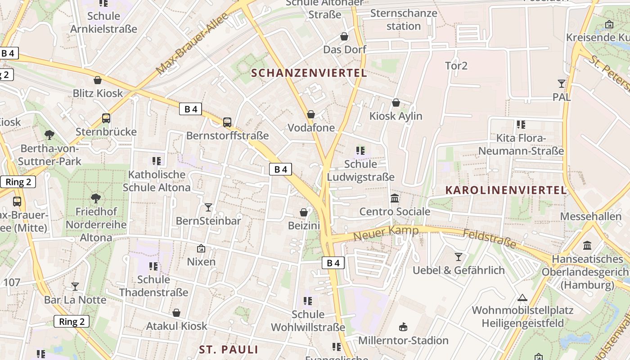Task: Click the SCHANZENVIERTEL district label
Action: point(309,73)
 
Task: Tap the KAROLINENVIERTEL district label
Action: point(506,190)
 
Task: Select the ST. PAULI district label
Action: point(229,350)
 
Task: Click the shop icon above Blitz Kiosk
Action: point(97,80)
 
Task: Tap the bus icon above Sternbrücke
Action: point(106,118)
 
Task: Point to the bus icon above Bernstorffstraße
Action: point(227,122)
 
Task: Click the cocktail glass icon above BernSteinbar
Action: point(208,207)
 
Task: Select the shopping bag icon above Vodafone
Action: point(311,114)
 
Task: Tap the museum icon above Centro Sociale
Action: point(395,198)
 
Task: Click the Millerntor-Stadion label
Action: point(403,340)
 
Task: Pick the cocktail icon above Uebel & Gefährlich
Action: point(459,257)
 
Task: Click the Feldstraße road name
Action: point(490,239)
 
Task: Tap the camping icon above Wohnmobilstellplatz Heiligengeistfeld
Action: point(522,297)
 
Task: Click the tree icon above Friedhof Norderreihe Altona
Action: point(96,198)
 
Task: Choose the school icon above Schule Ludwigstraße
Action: point(360,150)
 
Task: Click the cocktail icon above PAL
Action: point(561,83)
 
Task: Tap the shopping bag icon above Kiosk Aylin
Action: point(396,103)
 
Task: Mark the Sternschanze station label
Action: point(404,19)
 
